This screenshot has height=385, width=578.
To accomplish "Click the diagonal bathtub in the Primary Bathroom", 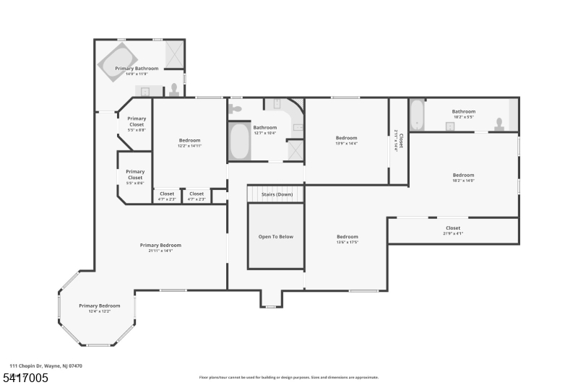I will coord(117,60).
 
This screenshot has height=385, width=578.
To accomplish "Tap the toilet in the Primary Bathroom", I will coord(174,90).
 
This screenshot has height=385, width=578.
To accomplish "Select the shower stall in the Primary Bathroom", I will coord(174,53).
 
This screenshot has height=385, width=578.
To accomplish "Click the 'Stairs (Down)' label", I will coord(275,194).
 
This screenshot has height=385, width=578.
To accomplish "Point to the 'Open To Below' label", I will coord(275,237).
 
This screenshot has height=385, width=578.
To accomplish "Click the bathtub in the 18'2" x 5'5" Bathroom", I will coord(417,115).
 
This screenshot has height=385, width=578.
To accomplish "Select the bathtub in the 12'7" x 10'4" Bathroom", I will coord(239,142).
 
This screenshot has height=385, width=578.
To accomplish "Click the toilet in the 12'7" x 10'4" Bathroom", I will coord(235,109).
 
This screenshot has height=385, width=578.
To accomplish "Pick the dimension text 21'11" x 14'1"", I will coord(160,251).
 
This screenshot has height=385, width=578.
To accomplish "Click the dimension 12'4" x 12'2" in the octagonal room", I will coord(99,311).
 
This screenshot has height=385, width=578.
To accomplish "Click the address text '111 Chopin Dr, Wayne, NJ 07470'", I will coord(46,366).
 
